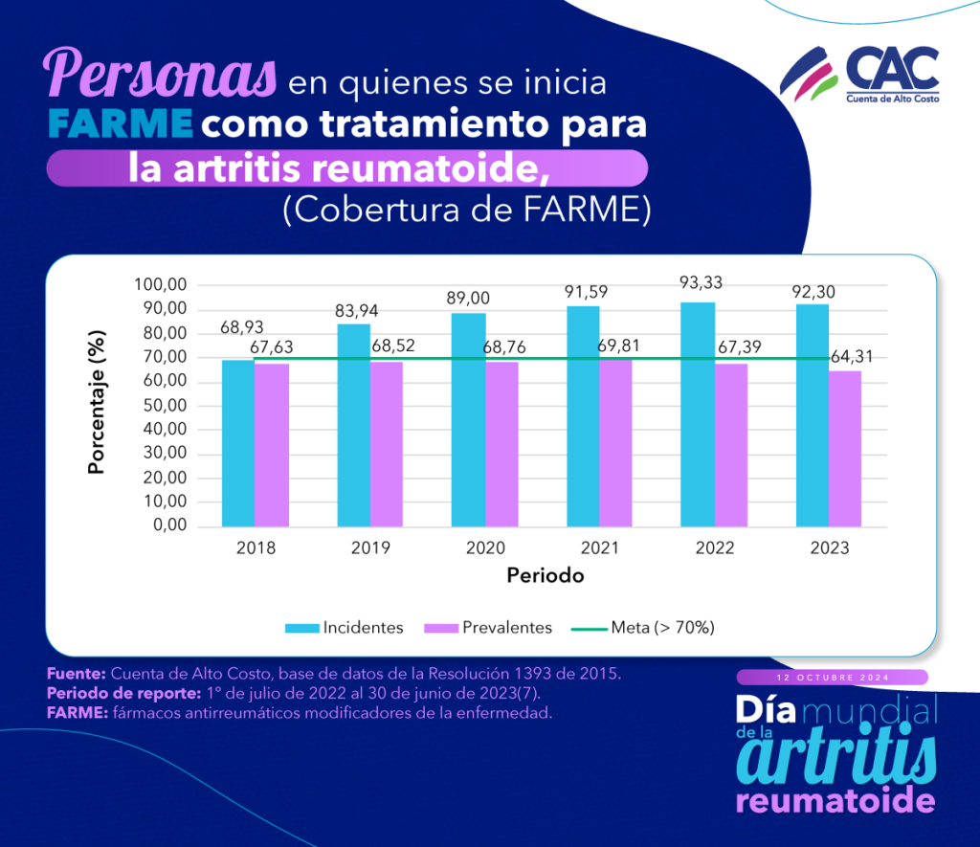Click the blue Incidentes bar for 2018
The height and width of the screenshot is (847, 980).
tap(238, 442)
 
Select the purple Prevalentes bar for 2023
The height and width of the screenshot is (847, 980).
tap(845, 448)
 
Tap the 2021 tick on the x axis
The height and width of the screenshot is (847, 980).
tap(600, 548)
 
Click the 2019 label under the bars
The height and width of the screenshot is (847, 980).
tap(370, 548)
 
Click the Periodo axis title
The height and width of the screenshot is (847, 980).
tap(545, 576)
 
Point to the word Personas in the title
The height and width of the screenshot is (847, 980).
tap(161, 74)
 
